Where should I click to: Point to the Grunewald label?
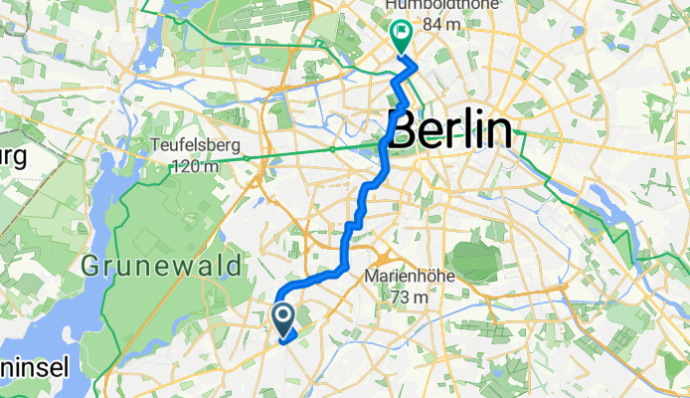point(162,267)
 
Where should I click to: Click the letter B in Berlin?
point(403,131)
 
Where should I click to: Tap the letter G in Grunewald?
point(90,267)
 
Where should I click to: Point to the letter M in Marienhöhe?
point(373,276)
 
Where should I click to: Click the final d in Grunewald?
point(235,267)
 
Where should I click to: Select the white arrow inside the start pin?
point(283,317)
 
